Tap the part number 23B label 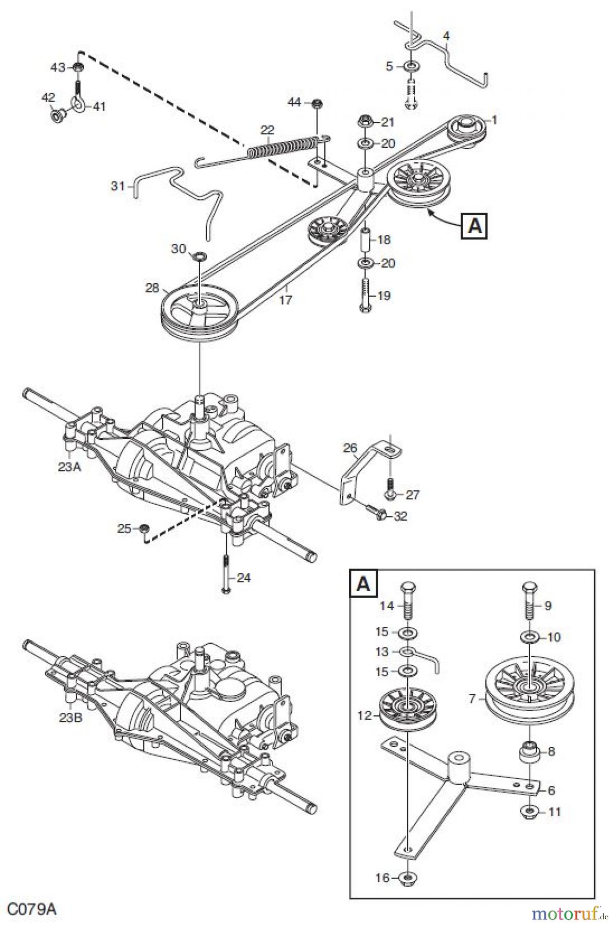click(71, 717)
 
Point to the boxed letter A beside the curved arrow click(475, 226)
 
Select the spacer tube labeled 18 click(365, 240)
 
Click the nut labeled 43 click(78, 67)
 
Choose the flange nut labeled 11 click(530, 813)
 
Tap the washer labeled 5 click(411, 66)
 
